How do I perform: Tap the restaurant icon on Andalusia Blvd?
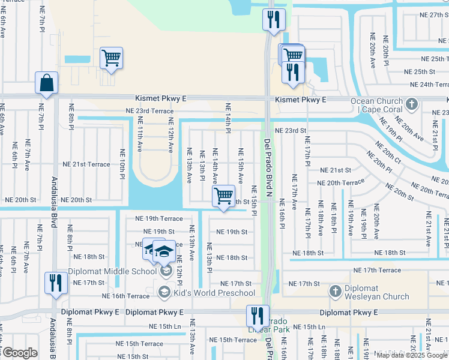[x=56, y=283]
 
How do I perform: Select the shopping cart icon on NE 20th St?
[x=223, y=196]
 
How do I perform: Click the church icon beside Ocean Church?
[x=411, y=104]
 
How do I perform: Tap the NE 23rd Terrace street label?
[x=149, y=111]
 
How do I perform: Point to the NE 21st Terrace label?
[x=86, y=164]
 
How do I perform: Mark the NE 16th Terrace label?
[x=125, y=296]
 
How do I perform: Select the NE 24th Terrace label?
[x=426, y=85]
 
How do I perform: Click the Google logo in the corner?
[x=19, y=353]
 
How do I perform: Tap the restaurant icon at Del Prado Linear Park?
[x=257, y=316]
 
